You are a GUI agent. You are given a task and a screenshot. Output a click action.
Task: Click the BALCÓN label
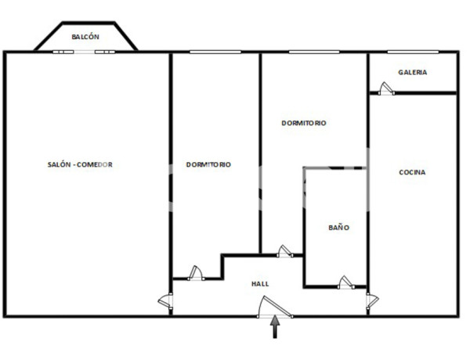[85, 37]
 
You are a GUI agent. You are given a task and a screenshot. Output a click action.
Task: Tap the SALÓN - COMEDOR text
[86, 164]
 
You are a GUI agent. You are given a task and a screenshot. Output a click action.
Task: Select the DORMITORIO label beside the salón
[208, 164]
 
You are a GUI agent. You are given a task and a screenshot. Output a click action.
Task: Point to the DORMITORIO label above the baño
[304, 123]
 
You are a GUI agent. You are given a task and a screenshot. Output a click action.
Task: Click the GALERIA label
[413, 72]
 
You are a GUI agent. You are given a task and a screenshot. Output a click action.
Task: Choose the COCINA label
[413, 172]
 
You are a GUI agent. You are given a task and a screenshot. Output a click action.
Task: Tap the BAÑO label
[338, 228]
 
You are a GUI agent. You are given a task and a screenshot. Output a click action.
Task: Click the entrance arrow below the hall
[275, 328]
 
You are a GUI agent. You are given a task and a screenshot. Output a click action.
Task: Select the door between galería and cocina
[386, 89]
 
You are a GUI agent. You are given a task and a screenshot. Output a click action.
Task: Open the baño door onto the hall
[345, 282]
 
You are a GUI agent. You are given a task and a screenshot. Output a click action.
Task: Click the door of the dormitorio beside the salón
[196, 272]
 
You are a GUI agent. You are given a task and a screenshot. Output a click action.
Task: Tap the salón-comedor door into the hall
[166, 301]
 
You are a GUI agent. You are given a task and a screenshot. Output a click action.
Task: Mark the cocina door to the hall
[372, 301]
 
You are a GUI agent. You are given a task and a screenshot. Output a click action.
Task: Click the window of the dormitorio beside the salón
[215, 52]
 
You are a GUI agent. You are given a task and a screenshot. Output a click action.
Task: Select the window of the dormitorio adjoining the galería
[313, 52]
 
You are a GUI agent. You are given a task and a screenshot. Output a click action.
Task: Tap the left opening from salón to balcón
[64, 52]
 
